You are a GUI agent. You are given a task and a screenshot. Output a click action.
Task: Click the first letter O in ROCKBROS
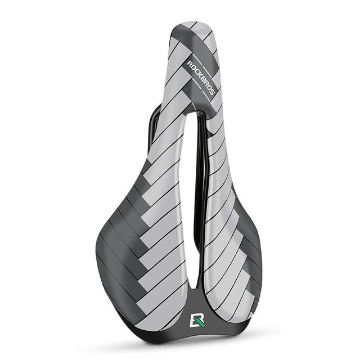[192, 67]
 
